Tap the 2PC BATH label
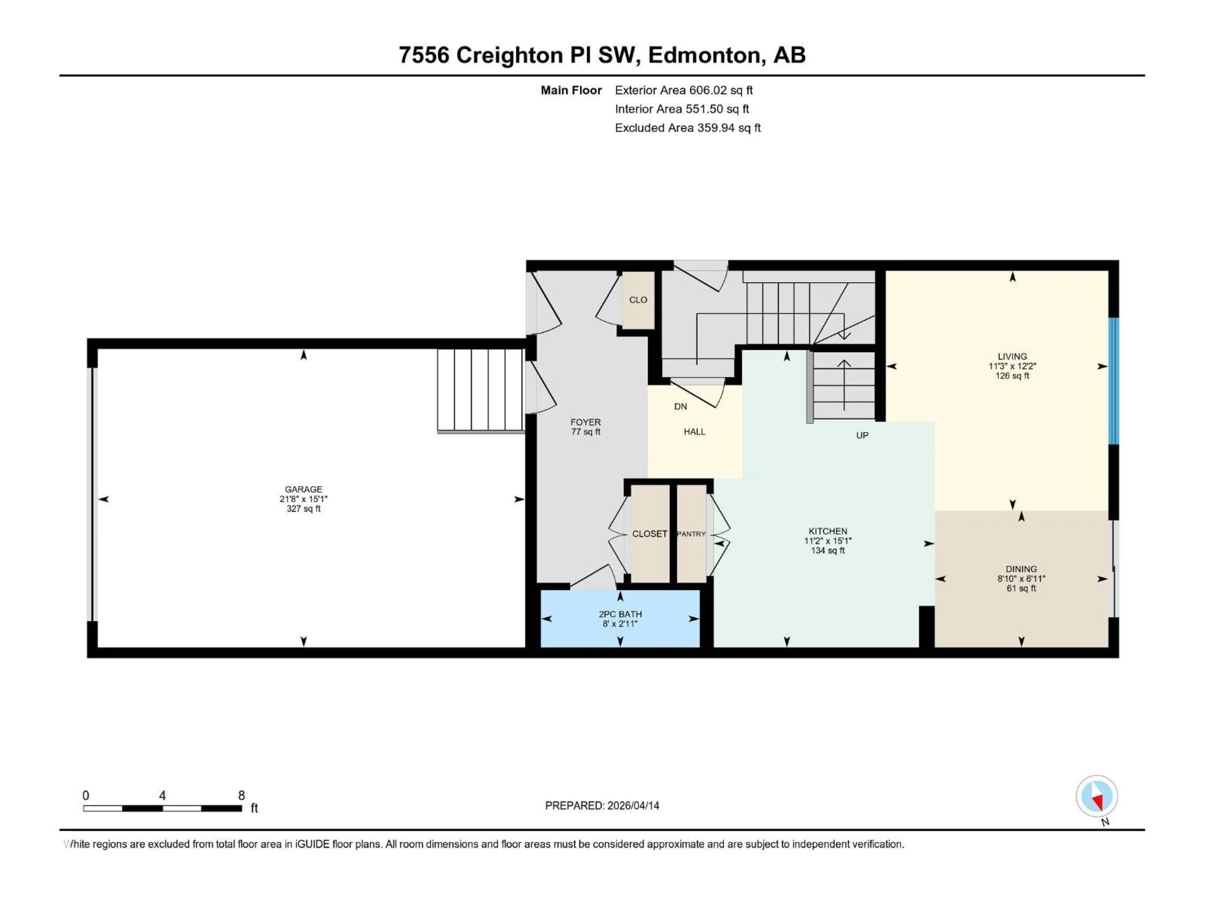620,614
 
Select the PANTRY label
691,534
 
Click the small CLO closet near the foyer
638,300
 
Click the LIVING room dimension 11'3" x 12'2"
1012,366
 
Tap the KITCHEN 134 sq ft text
827,550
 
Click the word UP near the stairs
862,436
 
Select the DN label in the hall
680,407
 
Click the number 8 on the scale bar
241,795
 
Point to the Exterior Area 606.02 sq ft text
684,90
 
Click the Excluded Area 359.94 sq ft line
688,128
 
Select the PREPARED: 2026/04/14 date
602,805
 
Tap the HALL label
694,432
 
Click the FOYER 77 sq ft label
586,427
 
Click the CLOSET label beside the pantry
649,534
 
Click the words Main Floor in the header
571,90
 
